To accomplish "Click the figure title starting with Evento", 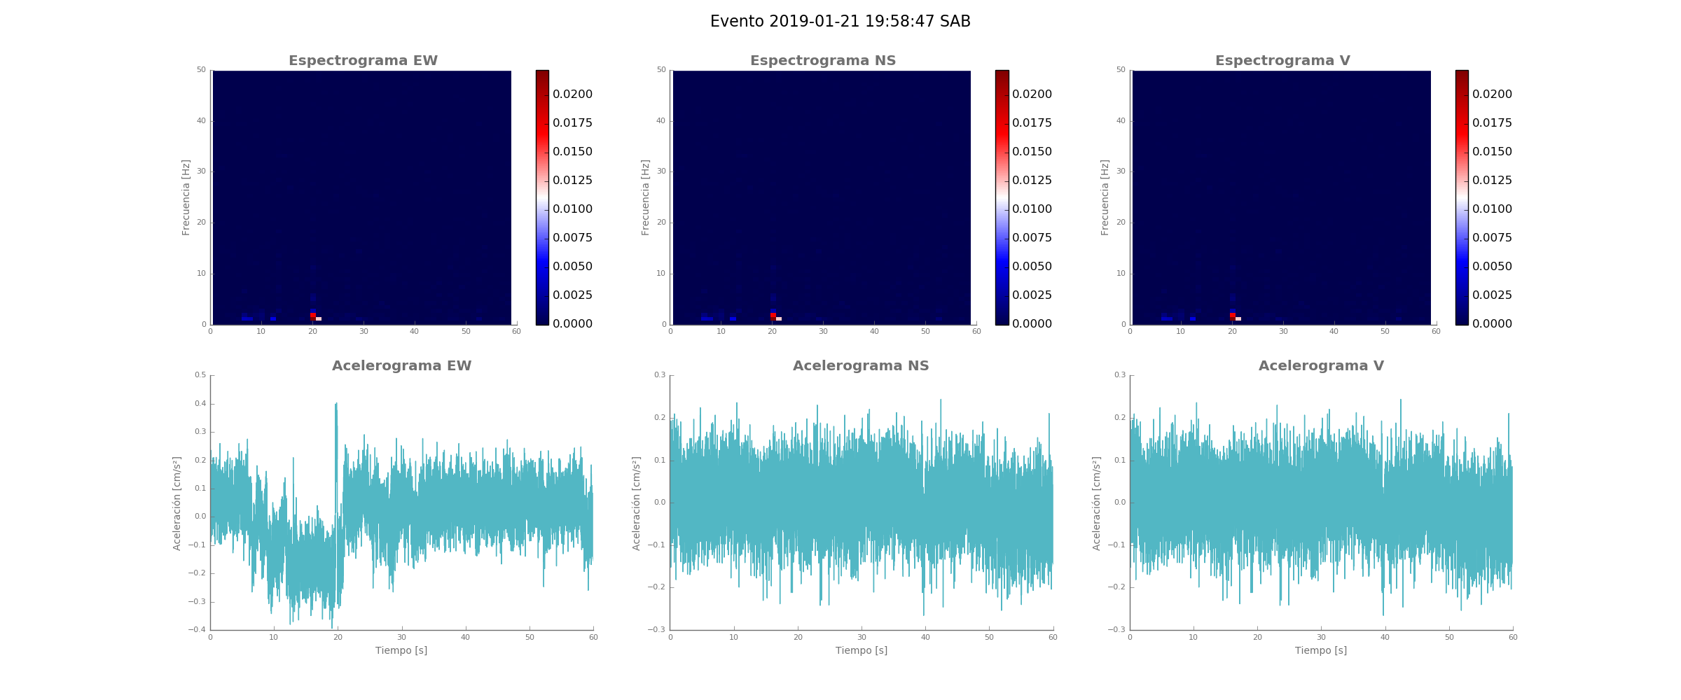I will click(840, 22).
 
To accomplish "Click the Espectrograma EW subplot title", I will click(363, 61).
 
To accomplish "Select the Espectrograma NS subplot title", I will click(822, 61).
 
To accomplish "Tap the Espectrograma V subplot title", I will click(1282, 61).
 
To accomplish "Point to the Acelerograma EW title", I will click(401, 366).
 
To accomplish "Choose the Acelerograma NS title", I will click(861, 366).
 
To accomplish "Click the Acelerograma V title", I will click(1321, 366).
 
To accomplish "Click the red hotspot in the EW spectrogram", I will click(313, 316).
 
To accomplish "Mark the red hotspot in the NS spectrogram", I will click(773, 316).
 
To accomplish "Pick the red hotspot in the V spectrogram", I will click(1232, 316).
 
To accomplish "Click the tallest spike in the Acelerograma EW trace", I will click(336, 404).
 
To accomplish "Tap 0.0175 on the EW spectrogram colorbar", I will click(572, 123).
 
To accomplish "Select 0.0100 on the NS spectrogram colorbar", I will click(1032, 209).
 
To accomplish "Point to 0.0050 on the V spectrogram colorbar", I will click(1492, 267).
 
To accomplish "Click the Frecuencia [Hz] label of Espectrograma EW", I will click(186, 197).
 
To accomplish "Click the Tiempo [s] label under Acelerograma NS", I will click(861, 651).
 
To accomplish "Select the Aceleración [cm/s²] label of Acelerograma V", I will click(1096, 503).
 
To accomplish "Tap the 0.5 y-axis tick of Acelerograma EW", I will click(200, 375).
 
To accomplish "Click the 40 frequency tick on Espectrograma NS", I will click(660, 121).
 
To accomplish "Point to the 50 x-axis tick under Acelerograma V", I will click(1449, 638).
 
